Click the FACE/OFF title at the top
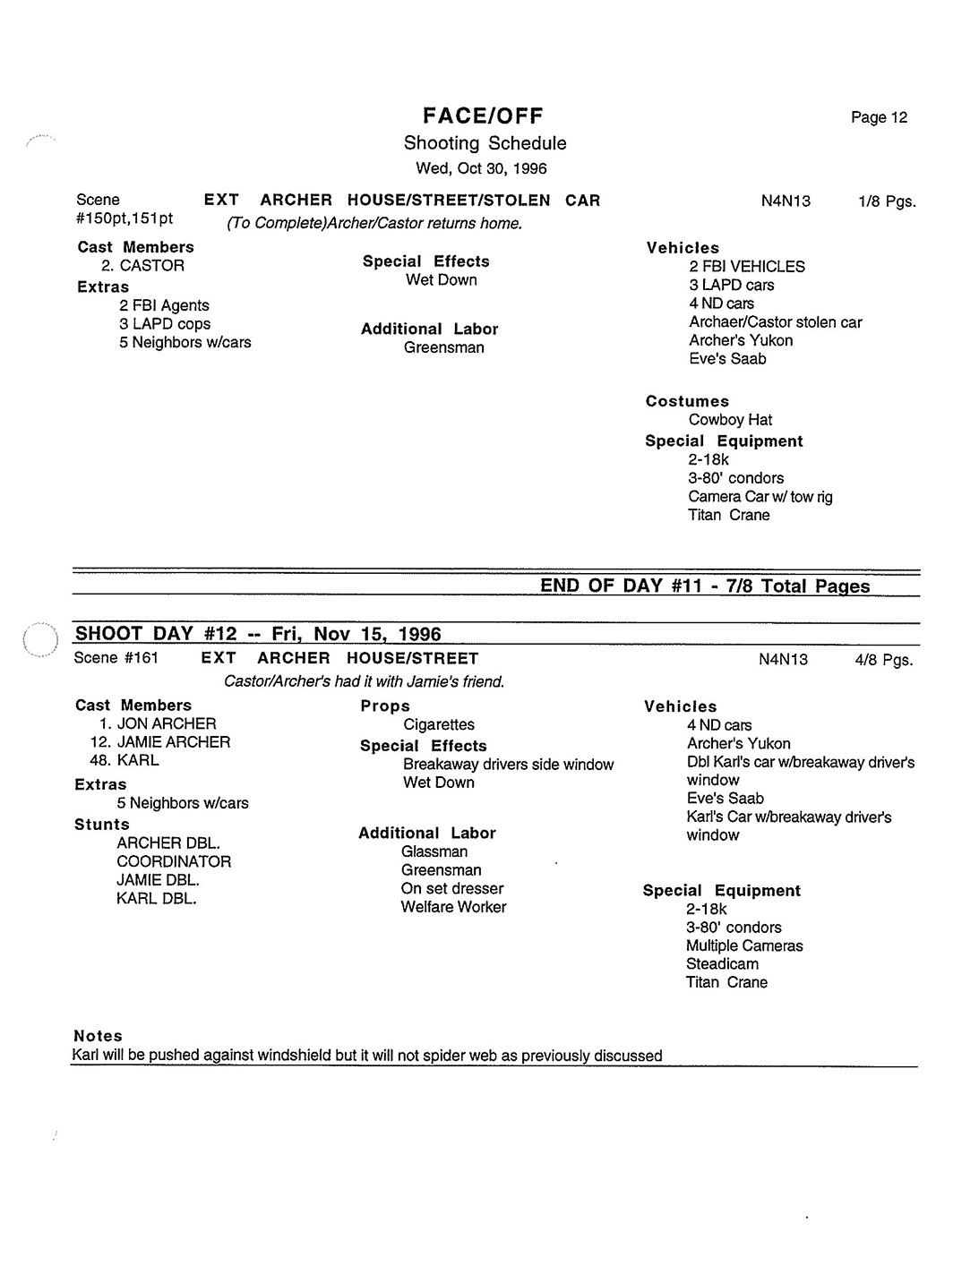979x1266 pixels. click(483, 115)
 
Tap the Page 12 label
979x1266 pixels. click(879, 117)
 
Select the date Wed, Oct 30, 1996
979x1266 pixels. click(481, 168)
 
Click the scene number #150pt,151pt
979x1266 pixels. click(125, 218)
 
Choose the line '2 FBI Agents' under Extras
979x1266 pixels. click(164, 305)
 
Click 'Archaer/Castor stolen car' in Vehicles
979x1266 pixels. click(775, 321)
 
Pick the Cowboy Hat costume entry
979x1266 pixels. click(730, 420)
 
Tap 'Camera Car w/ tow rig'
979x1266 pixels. click(760, 496)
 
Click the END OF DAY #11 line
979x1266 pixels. click(705, 586)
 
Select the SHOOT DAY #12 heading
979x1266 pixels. click(258, 634)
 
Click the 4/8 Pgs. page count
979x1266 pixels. click(883, 660)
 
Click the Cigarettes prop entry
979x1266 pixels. click(439, 724)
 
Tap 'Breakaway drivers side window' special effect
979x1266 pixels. click(508, 765)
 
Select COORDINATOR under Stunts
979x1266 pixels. click(174, 861)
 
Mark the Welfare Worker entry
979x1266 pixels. click(453, 907)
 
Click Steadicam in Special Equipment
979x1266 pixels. click(722, 964)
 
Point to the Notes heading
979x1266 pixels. click(98, 1036)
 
